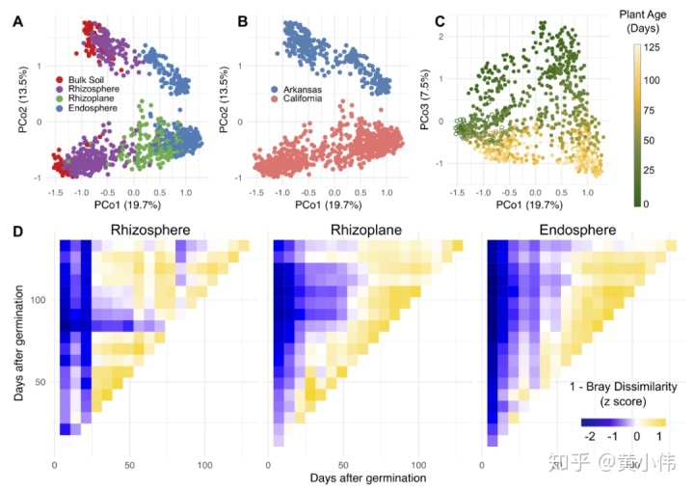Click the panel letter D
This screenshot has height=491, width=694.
18,232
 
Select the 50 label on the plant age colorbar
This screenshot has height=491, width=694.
653,142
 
